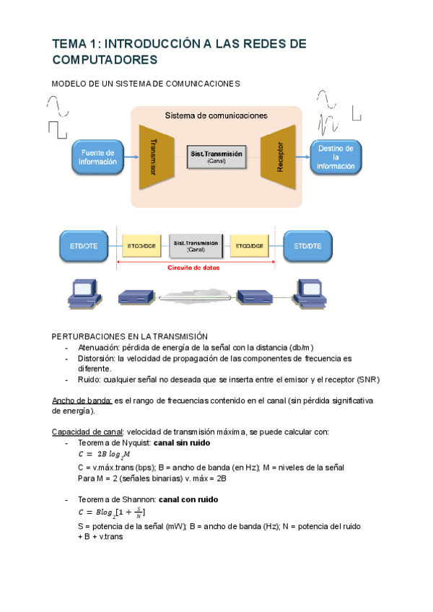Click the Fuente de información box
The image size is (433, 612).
point(97,157)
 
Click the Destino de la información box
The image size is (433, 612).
point(336,157)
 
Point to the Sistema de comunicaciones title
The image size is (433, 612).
point(216,115)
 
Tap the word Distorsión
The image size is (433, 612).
point(97,357)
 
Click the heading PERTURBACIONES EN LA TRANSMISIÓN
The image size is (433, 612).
point(129,336)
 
